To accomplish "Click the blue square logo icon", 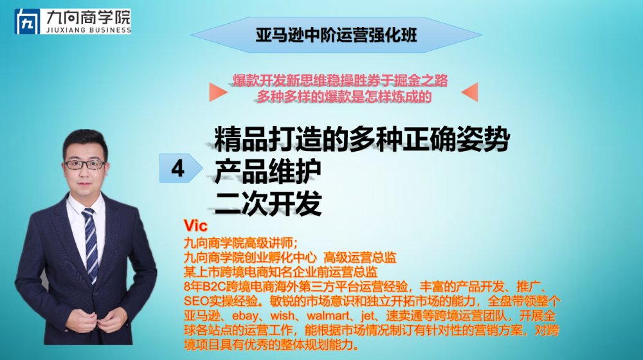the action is pyautogui.click(x=28, y=21).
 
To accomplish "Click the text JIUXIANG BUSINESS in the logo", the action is pyautogui.click(x=89, y=30).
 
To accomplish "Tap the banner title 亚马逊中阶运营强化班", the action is pyautogui.click(x=336, y=35).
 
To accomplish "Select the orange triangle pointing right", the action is pyautogui.click(x=218, y=92).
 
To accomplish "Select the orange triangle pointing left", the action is pyautogui.click(x=469, y=92).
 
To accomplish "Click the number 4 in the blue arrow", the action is pyautogui.click(x=177, y=168).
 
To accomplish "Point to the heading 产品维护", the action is pyautogui.click(x=267, y=171).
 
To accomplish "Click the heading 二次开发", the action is pyautogui.click(x=267, y=203).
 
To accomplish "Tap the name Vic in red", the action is pyautogui.click(x=195, y=225).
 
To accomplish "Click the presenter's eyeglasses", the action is pyautogui.click(x=85, y=165).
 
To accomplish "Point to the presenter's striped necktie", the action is pyautogui.click(x=91, y=244).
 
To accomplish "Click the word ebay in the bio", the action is pyautogui.click(x=245, y=316).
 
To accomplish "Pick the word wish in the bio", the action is pyautogui.click(x=282, y=316).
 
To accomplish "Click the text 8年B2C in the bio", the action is pyautogui.click(x=203, y=287).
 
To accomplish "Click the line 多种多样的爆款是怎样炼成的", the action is pyautogui.click(x=344, y=97).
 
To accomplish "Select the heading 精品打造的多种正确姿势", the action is pyautogui.click(x=362, y=139).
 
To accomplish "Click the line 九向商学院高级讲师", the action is pyautogui.click(x=240, y=243).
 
